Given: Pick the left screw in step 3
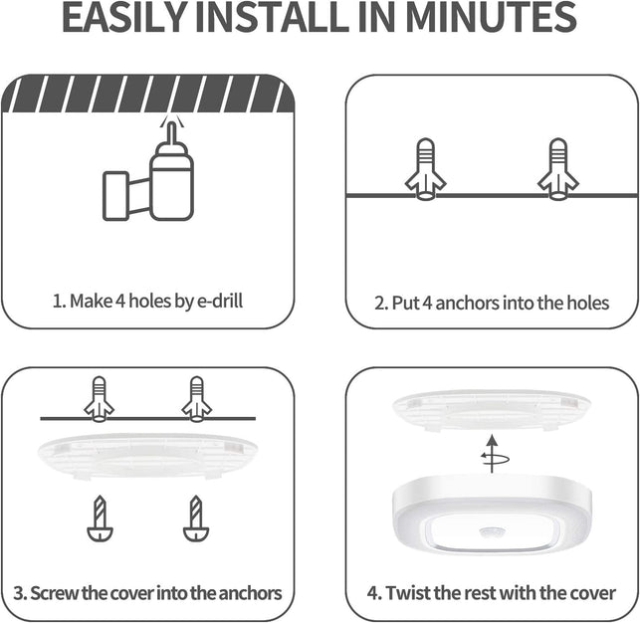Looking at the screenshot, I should [x=99, y=519].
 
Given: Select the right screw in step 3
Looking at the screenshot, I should [x=196, y=519].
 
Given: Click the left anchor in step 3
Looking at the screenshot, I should [x=99, y=397].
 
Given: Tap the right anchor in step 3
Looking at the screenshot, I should [x=196, y=397].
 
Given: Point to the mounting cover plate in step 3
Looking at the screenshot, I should [x=148, y=453].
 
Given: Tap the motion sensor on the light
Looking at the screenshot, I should [x=491, y=534].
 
